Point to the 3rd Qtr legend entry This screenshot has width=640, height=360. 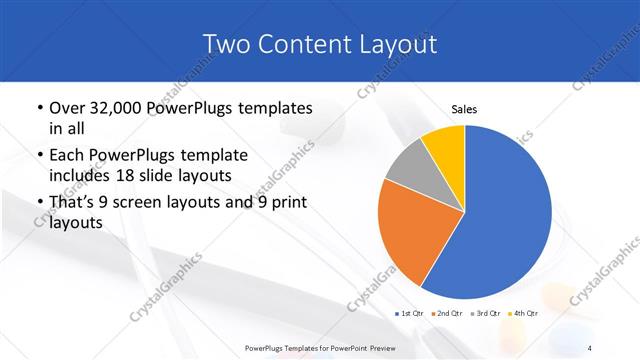[x=486, y=314]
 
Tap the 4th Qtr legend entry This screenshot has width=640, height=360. [x=523, y=314]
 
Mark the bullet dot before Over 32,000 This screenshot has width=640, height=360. [x=39, y=108]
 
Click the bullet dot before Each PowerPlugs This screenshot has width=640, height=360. [x=39, y=156]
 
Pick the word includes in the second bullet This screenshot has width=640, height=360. [x=77, y=177]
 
